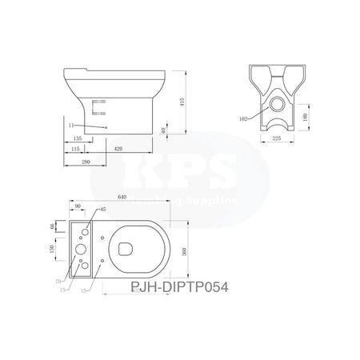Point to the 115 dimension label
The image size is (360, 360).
click(x=74, y=148)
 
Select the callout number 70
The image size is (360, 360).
click(x=58, y=281)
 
